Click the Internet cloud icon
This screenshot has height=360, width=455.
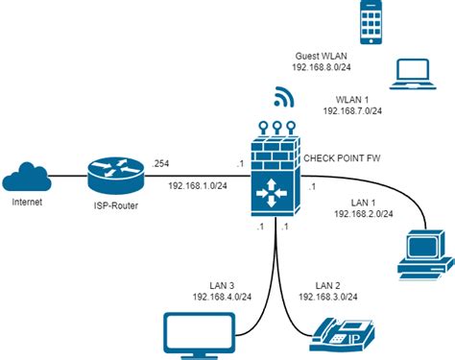[27, 176]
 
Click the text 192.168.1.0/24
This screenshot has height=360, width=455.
[197, 185]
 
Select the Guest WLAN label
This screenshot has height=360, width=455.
[322, 58]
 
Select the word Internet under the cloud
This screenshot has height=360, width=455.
[27, 204]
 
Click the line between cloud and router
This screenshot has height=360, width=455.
[64, 176]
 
